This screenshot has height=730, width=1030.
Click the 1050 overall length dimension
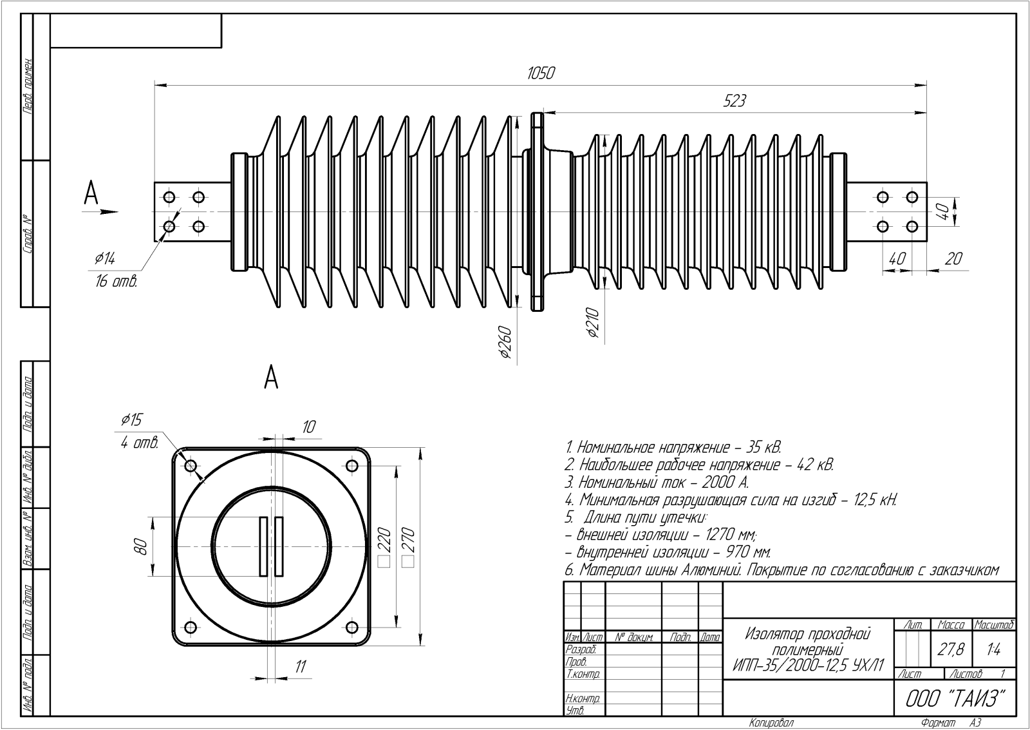point(541,73)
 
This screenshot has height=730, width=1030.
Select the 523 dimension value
point(734,101)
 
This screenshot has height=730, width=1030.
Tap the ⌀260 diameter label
point(505,342)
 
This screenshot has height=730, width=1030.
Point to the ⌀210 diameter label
point(593,323)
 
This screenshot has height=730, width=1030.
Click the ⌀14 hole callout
point(104,259)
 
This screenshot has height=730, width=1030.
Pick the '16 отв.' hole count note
point(117,282)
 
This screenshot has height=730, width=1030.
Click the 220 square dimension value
point(384,543)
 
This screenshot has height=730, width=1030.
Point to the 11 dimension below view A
point(300,666)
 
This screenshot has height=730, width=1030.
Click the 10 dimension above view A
point(309,427)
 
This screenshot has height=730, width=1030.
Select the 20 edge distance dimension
point(953,258)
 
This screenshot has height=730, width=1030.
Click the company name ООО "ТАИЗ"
point(955,699)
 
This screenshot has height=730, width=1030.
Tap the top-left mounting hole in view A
point(191,466)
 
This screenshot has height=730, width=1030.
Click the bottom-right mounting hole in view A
point(351,627)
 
